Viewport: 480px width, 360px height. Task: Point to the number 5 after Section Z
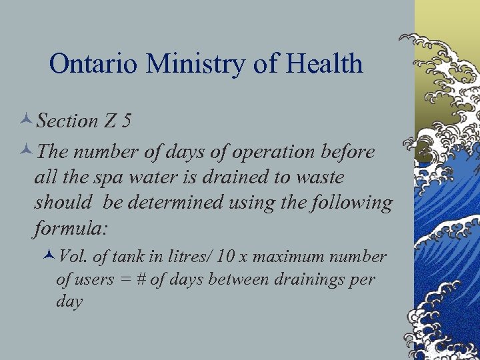pos(126,121)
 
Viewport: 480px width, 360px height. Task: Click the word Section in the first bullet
pos(67,121)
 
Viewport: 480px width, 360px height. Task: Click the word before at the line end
pos(347,152)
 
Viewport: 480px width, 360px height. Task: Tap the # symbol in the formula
pos(141,279)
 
